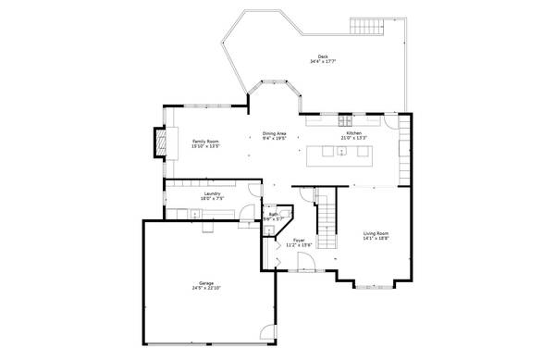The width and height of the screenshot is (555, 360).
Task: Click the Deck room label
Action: (323, 56)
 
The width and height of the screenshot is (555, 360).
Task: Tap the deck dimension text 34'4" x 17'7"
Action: (323, 62)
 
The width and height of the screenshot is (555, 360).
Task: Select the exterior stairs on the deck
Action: (367, 25)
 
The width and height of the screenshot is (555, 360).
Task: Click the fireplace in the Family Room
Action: (160, 142)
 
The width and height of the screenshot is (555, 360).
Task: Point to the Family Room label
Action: (205, 141)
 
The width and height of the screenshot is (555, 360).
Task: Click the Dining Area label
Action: (274, 133)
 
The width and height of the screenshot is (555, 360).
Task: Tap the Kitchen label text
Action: (355, 133)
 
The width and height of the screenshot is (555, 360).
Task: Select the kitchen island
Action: (342, 153)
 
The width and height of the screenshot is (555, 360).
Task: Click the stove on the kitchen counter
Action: (347, 119)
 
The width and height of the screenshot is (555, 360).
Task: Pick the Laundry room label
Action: (212, 193)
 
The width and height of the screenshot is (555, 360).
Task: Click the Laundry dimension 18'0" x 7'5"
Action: (212, 198)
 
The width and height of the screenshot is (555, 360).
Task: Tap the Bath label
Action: (274, 215)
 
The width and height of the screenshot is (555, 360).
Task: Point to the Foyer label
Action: (299, 240)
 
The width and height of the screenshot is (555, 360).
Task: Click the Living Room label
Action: (376, 233)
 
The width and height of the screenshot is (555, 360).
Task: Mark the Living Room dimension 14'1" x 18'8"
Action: (376, 239)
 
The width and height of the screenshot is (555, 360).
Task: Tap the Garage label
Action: (206, 282)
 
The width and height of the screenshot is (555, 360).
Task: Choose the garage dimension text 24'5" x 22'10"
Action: (206, 288)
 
